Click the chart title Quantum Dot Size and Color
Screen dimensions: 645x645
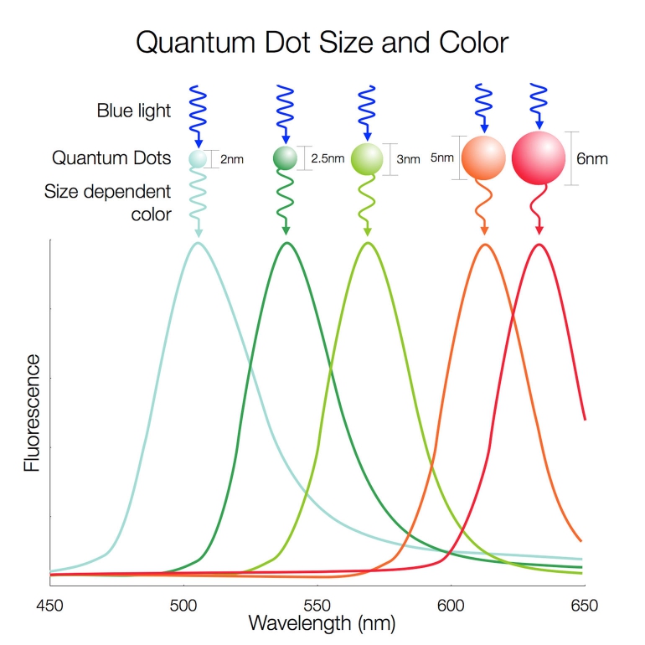click(x=322, y=42)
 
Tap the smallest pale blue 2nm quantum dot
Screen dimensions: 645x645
click(x=198, y=157)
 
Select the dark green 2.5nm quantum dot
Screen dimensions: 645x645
click(x=286, y=157)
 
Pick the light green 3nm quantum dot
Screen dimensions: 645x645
click(x=367, y=157)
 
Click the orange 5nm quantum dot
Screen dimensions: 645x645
click(x=483, y=157)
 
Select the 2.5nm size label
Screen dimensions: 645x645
click(x=327, y=157)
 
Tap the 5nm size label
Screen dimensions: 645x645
click(x=441, y=157)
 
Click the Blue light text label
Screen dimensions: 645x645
click(x=134, y=110)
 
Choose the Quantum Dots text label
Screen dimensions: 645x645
click(x=111, y=157)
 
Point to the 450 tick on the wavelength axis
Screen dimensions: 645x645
click(x=50, y=603)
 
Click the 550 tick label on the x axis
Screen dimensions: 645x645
click(x=317, y=603)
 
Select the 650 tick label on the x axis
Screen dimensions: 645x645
click(x=584, y=603)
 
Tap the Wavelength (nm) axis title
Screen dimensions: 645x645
click(x=322, y=623)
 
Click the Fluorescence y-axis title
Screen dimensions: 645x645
click(x=32, y=412)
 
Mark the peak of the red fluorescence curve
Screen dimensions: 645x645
click(x=539, y=245)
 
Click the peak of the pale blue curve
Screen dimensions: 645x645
click(x=198, y=243)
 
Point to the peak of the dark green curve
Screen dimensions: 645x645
click(x=286, y=243)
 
